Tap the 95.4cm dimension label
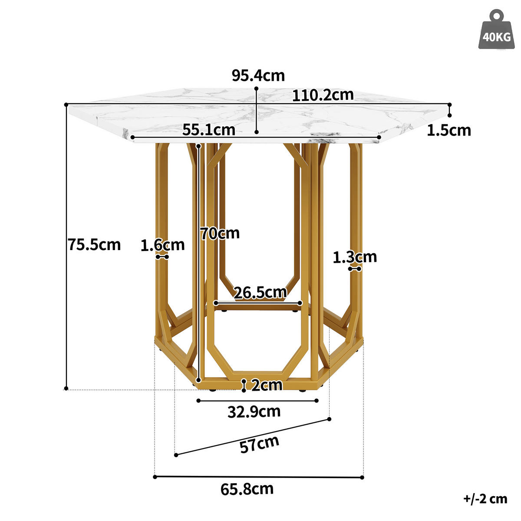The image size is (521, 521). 258,76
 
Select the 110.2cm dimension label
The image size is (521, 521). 323,95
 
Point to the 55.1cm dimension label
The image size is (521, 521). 209,129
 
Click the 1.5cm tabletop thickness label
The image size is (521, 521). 449,130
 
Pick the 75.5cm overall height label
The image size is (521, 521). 94,245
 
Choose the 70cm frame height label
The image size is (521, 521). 220,234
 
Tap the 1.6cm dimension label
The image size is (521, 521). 162,245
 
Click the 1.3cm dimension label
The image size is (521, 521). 355,257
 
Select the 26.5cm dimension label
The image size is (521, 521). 260,293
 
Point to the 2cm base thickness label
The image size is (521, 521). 266,385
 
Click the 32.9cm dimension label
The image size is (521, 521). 254,411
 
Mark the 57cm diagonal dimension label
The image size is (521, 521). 259,444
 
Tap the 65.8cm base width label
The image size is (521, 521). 247,489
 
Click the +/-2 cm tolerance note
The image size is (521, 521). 485,498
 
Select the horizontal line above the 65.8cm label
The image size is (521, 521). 258,477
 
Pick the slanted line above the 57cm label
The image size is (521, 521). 252,437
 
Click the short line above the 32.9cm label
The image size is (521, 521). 258,400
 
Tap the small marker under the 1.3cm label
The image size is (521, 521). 355,269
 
